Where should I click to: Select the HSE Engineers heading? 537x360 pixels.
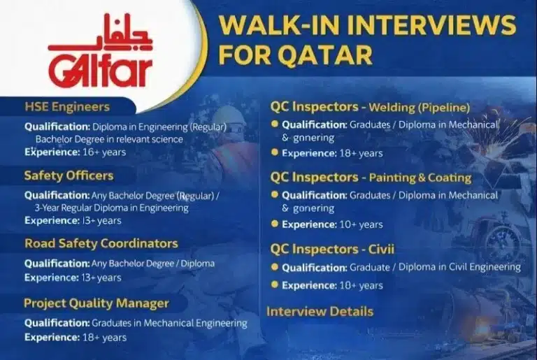67,107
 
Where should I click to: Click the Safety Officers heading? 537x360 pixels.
69,175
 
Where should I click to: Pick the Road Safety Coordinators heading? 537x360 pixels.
101,243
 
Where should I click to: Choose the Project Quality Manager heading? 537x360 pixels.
96,303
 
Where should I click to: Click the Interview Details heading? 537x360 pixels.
320,312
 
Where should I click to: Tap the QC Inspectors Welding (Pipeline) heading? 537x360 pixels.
370,107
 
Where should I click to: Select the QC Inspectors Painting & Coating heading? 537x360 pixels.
371,178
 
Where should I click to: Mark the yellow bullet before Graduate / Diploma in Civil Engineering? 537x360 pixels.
275,267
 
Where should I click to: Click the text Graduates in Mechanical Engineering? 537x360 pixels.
169,324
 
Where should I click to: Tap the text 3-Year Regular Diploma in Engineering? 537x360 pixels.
110,208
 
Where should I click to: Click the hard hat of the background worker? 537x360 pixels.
228,115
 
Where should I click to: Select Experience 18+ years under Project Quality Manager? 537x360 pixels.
76,338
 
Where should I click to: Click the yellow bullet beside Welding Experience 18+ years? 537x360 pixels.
275,152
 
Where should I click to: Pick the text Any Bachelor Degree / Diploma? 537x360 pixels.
152,264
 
